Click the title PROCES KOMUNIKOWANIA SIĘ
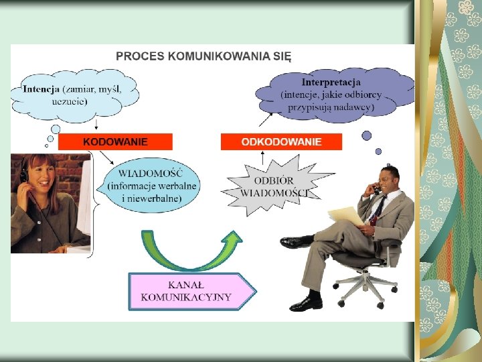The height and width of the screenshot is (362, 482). click(204, 56)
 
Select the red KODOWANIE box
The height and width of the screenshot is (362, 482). click(115, 141)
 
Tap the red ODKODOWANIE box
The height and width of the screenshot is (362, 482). click(281, 141)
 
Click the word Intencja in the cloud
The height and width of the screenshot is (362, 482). click(41, 89)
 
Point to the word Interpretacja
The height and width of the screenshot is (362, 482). click(331, 82)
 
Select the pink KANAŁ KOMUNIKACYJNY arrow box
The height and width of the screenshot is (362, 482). click(191, 291)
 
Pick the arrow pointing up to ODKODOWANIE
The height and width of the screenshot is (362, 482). click(263, 158)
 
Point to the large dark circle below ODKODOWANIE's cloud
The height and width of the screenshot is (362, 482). click(366, 135)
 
